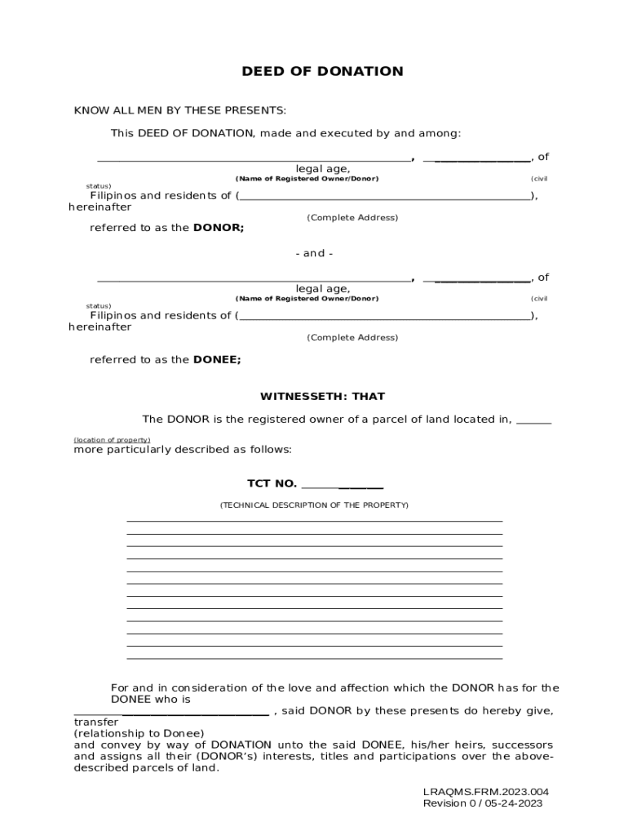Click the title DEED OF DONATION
[322, 72]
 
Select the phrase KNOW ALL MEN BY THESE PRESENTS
[180, 110]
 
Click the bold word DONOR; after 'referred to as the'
[218, 228]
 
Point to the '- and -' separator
[314, 253]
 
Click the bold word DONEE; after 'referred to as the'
[217, 359]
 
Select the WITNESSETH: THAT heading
[322, 397]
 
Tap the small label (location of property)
[112, 440]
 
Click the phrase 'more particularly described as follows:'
[183, 450]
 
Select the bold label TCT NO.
[272, 483]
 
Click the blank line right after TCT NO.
[343, 486]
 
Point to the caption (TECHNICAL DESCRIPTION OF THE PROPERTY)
[314, 505]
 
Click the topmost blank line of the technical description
[314, 521]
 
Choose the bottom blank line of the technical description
[314, 658]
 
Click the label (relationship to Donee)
[139, 733]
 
